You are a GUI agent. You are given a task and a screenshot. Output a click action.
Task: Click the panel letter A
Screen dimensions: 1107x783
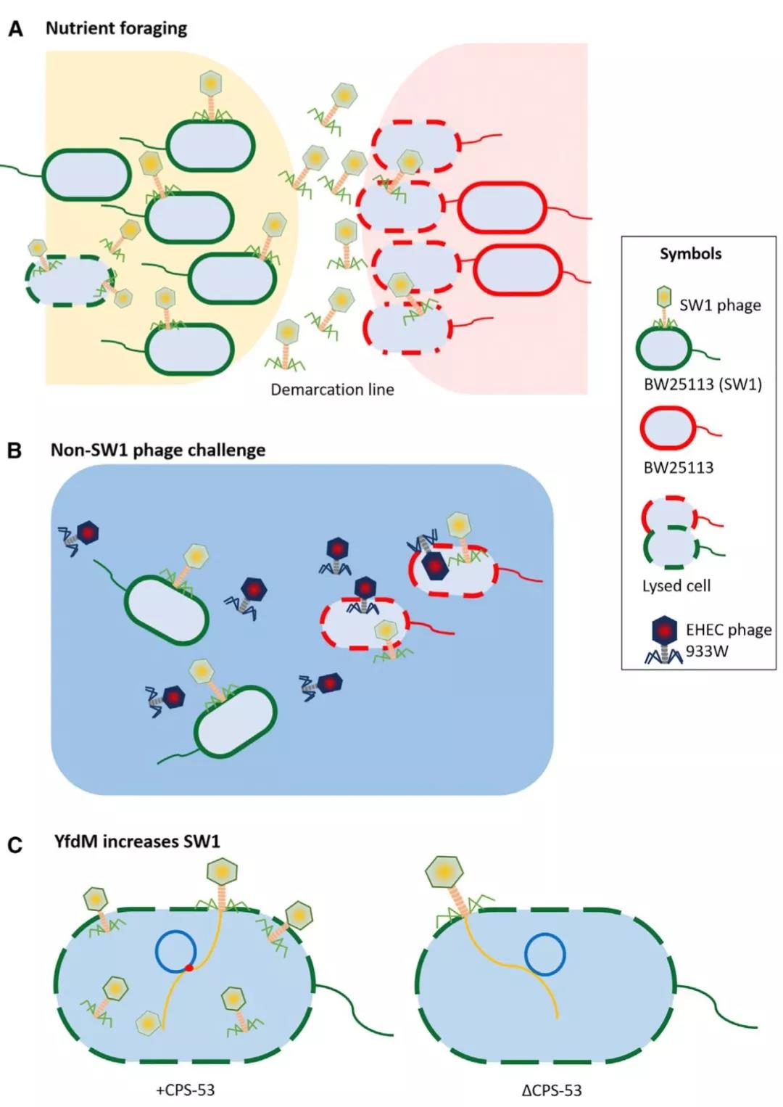15,30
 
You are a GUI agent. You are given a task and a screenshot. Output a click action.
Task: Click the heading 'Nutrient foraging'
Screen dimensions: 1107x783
116,28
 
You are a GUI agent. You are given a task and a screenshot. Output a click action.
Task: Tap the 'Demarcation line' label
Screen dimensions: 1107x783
332,390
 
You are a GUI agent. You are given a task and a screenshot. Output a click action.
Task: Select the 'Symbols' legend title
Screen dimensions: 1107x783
690,254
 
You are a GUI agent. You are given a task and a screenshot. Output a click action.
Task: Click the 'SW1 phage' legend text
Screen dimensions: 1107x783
720,305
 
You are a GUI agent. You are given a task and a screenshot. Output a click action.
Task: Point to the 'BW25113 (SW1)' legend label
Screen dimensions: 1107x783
703,384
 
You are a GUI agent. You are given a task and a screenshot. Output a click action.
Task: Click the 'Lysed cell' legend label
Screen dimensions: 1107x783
676,585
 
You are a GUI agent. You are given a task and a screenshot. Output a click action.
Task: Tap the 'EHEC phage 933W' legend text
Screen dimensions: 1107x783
728,640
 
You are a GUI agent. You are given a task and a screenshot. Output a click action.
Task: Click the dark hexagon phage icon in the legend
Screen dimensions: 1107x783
664,631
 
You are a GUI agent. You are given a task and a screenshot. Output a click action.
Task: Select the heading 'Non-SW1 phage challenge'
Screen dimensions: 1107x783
157,450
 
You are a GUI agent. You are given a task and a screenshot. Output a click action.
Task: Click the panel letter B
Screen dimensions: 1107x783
14,451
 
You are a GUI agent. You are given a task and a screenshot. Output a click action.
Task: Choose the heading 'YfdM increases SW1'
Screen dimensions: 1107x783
136,841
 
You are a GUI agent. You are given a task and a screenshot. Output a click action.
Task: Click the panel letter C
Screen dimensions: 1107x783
14,846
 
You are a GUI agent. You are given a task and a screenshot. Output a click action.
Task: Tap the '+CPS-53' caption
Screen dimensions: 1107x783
186,1090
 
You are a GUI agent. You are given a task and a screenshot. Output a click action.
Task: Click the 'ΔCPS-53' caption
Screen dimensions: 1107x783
552,1090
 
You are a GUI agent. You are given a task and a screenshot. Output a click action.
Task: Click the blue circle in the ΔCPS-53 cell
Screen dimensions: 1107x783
545,954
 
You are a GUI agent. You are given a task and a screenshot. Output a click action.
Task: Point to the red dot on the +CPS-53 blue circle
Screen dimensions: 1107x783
189,968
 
